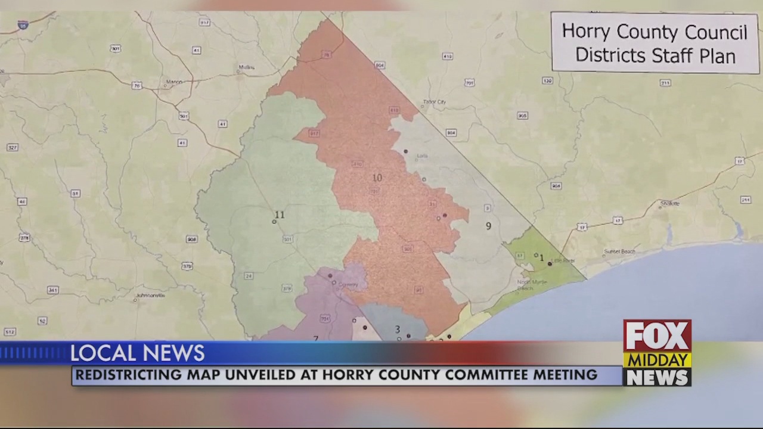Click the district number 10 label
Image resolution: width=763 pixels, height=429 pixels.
click(377, 178)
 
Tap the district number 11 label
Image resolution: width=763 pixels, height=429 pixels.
click(280, 215)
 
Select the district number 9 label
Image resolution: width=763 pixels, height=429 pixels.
click(488, 226)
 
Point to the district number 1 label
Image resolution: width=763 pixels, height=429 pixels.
click(541, 258)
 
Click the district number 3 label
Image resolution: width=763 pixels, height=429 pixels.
click(397, 329)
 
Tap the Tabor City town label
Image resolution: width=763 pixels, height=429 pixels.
click(434, 102)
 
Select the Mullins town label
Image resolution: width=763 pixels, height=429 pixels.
click(246, 67)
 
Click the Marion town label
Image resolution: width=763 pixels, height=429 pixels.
click(174, 82)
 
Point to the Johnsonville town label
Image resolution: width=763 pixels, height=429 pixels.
click(150, 295)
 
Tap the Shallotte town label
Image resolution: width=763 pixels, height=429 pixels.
click(670, 203)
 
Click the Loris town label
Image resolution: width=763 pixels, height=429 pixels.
click(422, 156)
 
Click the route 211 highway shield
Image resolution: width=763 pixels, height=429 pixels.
click(665, 83)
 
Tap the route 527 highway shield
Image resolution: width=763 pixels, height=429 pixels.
click(12, 147)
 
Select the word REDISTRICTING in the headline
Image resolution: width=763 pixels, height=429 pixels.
click(129, 375)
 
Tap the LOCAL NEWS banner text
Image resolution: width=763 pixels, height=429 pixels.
click(137, 353)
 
